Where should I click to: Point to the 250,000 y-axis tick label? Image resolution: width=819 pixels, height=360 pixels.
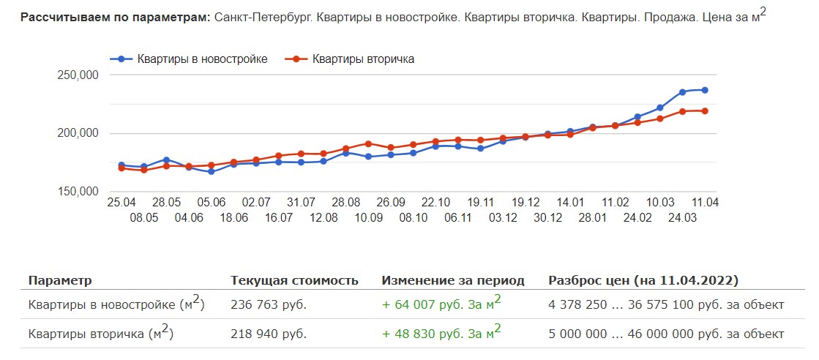click(77, 75)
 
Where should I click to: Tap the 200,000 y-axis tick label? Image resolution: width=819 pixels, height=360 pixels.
click(77, 133)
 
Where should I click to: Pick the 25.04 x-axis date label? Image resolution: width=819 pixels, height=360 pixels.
click(121, 202)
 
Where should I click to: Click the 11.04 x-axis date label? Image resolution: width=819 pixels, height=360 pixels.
click(705, 202)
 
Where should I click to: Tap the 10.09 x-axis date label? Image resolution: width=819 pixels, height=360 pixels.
click(368, 217)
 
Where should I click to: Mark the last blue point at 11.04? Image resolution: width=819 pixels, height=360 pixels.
click(705, 90)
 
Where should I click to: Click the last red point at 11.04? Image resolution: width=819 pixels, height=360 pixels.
click(705, 111)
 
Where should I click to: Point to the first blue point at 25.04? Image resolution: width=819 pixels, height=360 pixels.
click(121, 165)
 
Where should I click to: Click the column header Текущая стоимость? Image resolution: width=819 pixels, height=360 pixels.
click(294, 280)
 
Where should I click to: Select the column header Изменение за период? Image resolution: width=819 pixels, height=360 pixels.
click(453, 280)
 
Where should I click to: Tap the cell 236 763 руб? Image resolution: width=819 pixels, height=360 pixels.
click(268, 305)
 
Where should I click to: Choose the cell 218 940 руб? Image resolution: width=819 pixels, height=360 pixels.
click(268, 334)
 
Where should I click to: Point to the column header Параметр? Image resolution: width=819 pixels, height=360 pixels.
click(60, 280)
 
